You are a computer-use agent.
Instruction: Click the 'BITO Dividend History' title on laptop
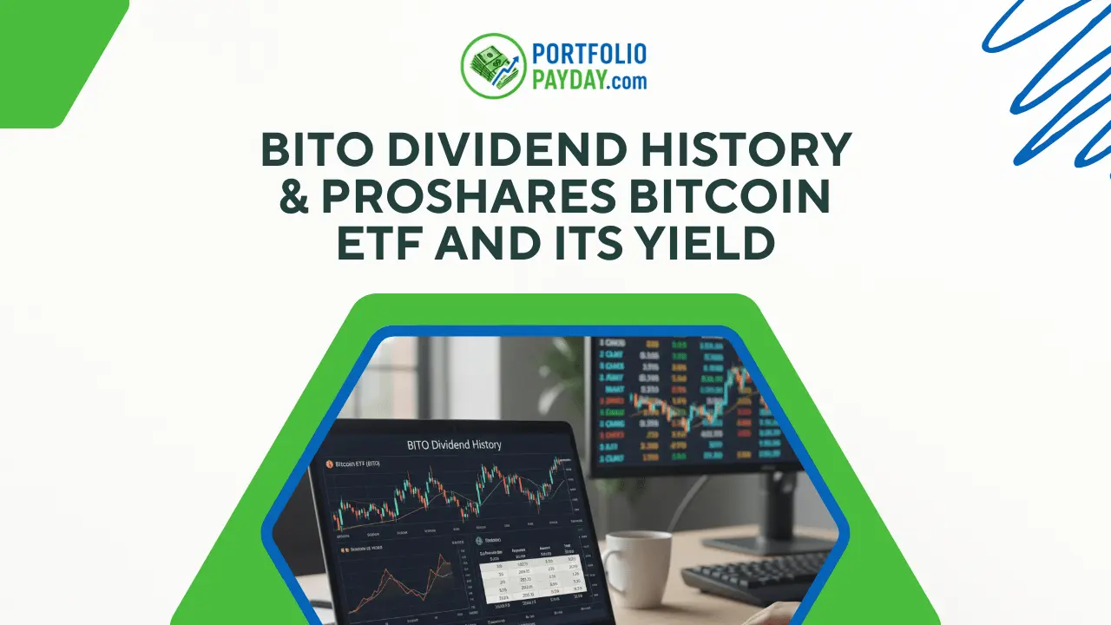[454, 444]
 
